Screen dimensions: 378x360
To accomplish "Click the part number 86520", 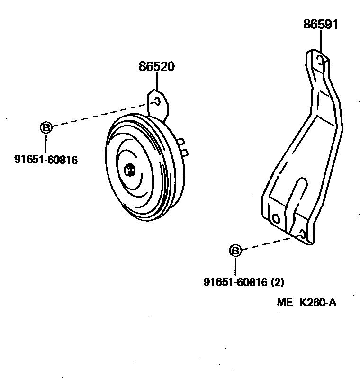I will click(157, 67).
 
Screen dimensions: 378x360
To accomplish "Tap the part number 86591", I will click(321, 25).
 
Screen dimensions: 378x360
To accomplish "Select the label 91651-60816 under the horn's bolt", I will click(45, 160).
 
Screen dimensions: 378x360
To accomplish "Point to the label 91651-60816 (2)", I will click(243, 282).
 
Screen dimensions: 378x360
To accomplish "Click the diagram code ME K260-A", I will click(306, 303).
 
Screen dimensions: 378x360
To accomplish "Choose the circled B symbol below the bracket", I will click(235, 251).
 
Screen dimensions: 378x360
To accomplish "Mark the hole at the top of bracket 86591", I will click(321, 60).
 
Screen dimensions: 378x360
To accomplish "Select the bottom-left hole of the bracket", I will click(276, 218).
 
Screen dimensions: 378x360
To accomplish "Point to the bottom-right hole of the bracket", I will click(302, 234).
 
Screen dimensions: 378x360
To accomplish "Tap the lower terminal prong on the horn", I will click(185, 152).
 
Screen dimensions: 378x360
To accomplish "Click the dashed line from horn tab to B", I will click(99, 115).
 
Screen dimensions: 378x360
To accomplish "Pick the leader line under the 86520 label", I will click(157, 81).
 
